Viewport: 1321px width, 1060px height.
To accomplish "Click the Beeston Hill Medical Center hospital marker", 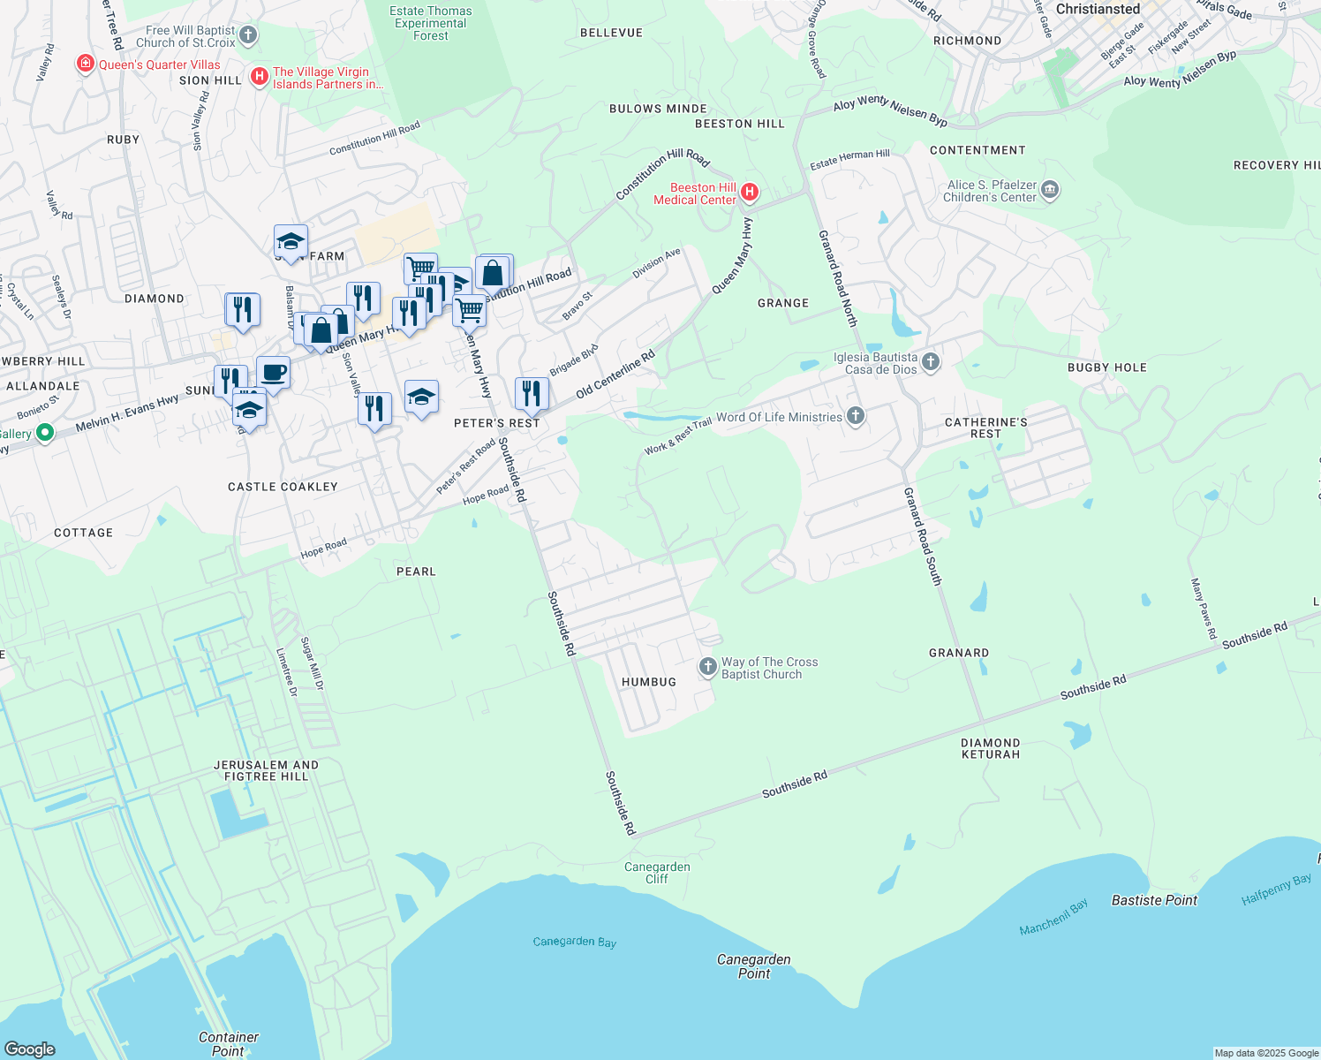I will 750,192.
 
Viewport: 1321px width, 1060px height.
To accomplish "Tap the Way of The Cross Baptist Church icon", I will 707,667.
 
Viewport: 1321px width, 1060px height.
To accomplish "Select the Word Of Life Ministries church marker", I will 855,416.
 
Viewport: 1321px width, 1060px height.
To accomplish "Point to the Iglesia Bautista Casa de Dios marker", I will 930,361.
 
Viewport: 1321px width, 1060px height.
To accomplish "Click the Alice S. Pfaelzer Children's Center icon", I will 1050,189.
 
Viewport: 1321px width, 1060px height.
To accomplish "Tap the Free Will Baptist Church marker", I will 248,35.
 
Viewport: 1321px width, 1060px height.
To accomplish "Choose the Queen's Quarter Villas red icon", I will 86,64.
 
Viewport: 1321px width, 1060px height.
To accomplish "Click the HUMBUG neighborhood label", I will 649,682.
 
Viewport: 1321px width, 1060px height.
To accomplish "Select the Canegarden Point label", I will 754,966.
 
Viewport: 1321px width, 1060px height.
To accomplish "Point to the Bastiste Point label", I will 1154,900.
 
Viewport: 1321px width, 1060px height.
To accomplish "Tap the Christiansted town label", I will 1098,9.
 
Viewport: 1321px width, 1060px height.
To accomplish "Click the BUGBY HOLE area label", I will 1106,367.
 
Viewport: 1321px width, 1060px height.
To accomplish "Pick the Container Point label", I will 229,1044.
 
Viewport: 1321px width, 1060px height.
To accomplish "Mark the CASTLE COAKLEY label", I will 283,487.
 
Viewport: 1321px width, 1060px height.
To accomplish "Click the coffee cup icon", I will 273,372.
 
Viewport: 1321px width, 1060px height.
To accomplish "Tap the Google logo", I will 30,1049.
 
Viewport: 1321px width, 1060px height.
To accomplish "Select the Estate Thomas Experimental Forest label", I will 431,23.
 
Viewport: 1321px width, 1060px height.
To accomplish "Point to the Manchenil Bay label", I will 1053,918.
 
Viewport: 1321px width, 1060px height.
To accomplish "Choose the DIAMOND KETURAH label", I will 991,748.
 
